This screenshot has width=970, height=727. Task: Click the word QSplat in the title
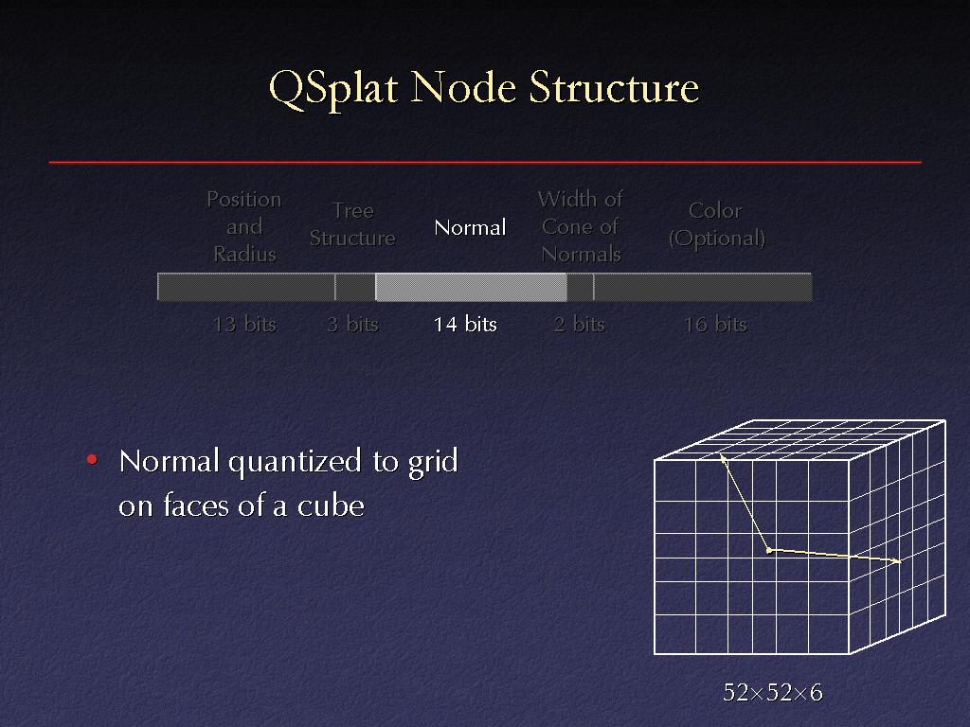coord(332,89)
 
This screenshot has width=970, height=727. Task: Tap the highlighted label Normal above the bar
coord(470,227)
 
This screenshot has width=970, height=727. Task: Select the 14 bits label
coord(465,324)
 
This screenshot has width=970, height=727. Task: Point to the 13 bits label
coord(244,324)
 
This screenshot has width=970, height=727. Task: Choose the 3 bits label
coord(352,324)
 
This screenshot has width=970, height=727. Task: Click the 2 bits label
coord(579,324)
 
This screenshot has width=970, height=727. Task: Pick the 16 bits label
coord(716,324)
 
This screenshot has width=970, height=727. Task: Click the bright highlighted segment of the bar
coord(471,288)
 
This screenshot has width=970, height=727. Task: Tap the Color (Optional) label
coord(716,224)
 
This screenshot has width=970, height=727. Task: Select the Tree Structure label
coord(352,224)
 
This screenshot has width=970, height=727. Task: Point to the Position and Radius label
coord(244,227)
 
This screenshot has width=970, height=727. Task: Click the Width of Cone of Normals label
coord(581,227)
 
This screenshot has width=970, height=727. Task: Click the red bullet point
coord(92,459)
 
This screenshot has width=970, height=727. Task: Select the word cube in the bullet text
coord(331,505)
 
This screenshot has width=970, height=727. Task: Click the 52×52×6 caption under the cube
coord(773,692)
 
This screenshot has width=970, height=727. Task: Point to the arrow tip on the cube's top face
coord(721,456)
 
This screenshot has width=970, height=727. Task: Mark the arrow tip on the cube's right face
coord(899,561)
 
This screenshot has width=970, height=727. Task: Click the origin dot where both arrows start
coord(769,550)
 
